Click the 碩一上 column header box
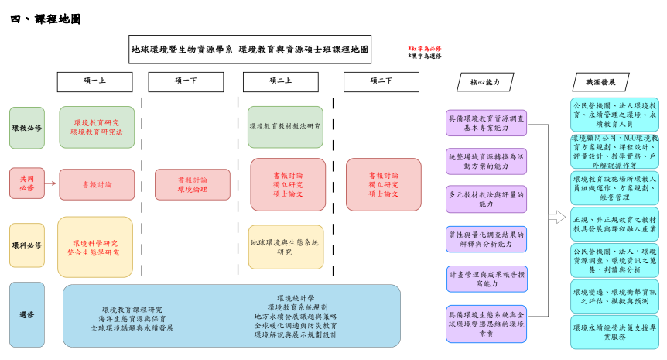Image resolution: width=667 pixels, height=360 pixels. (x=94, y=81)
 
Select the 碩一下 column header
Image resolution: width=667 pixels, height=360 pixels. (x=186, y=81)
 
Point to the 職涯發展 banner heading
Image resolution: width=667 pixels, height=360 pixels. (x=600, y=82)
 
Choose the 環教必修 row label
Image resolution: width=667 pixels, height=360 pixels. (x=27, y=127)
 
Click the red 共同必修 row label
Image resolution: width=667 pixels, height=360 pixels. (x=27, y=183)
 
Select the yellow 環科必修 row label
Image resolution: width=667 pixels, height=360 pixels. (x=27, y=245)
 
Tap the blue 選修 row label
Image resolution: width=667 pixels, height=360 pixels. (x=27, y=314)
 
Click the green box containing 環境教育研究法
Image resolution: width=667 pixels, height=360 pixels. (x=97, y=127)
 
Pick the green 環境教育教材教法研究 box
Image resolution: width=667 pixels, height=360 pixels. (x=286, y=127)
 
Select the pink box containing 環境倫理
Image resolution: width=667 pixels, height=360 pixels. (x=193, y=184)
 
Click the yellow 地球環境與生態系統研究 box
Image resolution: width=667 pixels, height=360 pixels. (x=286, y=247)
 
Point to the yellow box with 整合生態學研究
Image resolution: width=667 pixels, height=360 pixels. (x=95, y=247)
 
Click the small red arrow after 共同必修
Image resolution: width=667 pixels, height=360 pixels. (x=50, y=183)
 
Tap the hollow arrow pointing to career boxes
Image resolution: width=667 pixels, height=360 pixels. (x=556, y=217)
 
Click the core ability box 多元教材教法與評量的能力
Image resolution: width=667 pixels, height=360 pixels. (x=487, y=199)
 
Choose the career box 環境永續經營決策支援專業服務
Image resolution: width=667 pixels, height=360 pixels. (x=614, y=332)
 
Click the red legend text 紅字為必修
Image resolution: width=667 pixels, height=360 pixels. (x=425, y=48)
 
